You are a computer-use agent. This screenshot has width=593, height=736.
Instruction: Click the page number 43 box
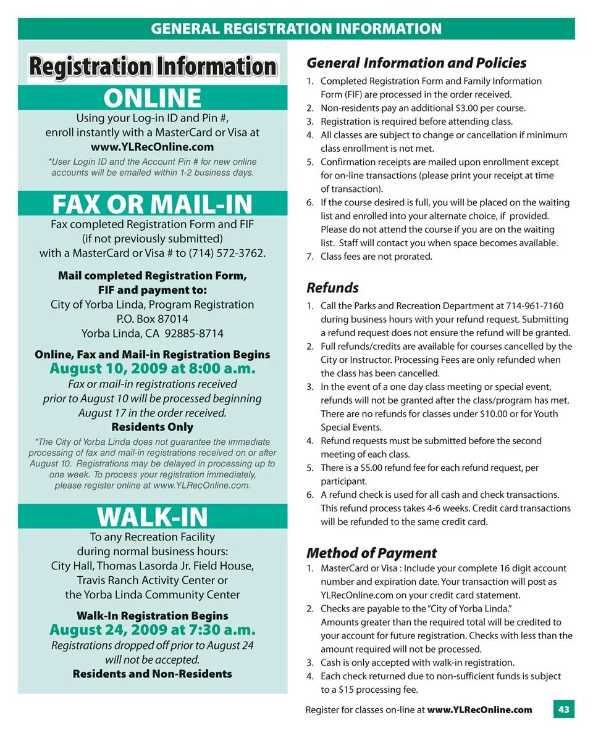(563, 709)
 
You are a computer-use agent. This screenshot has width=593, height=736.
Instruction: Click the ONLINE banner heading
(152, 98)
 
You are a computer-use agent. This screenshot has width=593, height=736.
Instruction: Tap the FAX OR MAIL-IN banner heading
(152, 204)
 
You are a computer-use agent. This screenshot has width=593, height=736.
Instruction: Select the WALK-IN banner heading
(152, 516)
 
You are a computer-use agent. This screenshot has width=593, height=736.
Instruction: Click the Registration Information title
(153, 67)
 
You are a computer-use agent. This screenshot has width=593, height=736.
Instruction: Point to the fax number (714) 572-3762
(228, 253)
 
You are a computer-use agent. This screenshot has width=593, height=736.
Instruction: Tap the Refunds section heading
(332, 287)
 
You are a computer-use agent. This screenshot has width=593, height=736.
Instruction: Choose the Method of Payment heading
(371, 553)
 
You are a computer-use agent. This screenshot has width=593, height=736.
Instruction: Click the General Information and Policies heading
(416, 63)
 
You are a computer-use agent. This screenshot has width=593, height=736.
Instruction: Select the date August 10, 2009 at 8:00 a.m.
(152, 369)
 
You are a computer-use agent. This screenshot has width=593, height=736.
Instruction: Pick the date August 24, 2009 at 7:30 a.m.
(152, 630)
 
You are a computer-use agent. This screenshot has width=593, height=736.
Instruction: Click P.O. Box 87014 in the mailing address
(152, 319)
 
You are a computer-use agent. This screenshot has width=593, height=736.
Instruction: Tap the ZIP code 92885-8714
(194, 333)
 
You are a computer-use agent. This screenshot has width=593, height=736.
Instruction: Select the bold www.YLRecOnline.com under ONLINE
(152, 147)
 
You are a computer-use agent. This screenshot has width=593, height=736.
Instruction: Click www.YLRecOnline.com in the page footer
(479, 709)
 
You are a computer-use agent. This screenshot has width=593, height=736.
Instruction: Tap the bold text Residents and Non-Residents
(152, 674)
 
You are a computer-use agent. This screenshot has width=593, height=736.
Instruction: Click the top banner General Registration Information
(296, 28)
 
